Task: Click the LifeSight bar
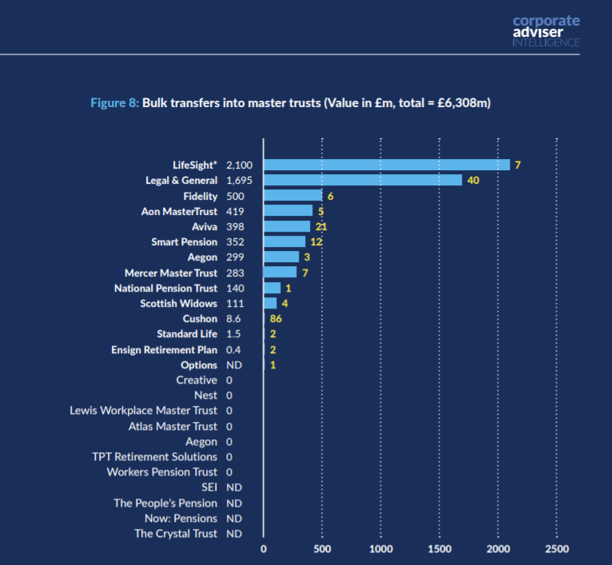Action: pyautogui.click(x=387, y=165)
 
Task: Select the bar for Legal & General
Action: pyautogui.click(x=363, y=181)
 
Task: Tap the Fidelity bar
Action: pyautogui.click(x=292, y=196)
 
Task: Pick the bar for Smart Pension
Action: pyautogui.click(x=284, y=241)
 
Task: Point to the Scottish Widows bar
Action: pyautogui.click(x=270, y=304)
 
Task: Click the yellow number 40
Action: pyautogui.click(x=473, y=181)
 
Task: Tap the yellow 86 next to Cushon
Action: pyautogui.click(x=276, y=319)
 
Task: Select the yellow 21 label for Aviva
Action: pyautogui.click(x=321, y=227)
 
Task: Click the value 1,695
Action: pyautogui.click(x=239, y=181)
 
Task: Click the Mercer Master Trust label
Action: pyautogui.click(x=171, y=273)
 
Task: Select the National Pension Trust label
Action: pyautogui.click(x=165, y=288)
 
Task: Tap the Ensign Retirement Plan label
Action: pyautogui.click(x=164, y=350)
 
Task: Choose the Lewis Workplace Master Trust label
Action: pyautogui.click(x=143, y=411)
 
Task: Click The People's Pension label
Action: pyautogui.click(x=165, y=503)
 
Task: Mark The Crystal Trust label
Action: pyautogui.click(x=175, y=534)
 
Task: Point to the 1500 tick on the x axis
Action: pyautogui.click(x=439, y=549)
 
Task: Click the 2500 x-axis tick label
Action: pyautogui.click(x=557, y=549)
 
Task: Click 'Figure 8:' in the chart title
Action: pyautogui.click(x=115, y=104)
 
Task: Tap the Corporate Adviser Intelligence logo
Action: pyautogui.click(x=546, y=31)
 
